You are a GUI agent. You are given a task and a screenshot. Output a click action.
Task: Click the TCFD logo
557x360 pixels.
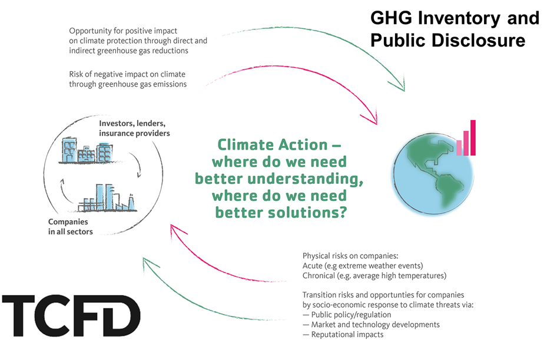[71, 315]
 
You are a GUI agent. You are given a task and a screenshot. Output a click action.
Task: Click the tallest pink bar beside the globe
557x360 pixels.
[473, 137]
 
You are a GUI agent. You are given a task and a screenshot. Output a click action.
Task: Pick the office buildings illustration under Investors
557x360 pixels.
[87, 151]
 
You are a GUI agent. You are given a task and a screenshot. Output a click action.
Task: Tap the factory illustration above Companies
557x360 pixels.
[107, 198]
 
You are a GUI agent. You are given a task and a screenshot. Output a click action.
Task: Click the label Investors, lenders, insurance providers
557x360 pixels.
[134, 128]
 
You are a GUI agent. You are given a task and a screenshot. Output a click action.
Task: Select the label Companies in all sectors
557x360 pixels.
[70, 227]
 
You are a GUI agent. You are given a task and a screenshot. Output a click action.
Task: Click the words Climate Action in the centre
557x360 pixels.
[273, 144]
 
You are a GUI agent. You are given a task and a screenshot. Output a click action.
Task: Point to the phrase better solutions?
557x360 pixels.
[281, 213]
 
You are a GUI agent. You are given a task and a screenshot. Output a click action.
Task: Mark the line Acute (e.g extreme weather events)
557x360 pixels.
[363, 266]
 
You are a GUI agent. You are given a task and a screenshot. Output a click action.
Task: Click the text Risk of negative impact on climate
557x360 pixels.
[127, 74]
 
